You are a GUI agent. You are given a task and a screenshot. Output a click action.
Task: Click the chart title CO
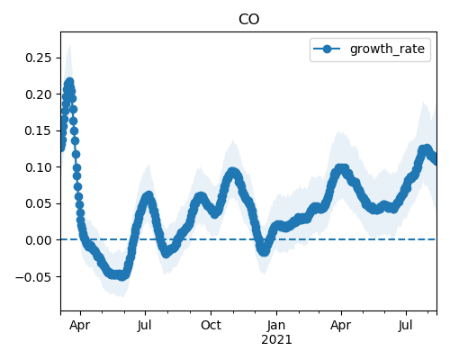click(248, 20)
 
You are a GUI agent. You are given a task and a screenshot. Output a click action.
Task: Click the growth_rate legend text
click(387, 49)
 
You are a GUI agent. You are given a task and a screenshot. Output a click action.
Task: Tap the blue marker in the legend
click(327, 49)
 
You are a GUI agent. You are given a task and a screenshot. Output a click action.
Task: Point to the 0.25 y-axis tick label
click(39, 58)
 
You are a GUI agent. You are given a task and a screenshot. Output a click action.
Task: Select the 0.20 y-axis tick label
click(39, 94)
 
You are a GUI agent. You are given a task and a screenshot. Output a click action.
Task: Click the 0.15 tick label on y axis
click(39, 130)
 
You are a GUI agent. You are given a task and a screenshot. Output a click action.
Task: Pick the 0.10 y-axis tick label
click(39, 167)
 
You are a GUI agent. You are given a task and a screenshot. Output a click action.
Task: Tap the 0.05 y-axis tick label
click(39, 203)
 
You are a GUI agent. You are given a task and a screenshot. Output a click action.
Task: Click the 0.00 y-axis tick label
click(39, 240)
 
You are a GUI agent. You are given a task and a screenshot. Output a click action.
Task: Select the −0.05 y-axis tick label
click(33, 276)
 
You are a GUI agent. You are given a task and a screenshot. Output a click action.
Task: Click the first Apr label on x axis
click(79, 325)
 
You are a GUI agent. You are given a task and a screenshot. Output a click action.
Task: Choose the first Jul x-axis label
click(145, 325)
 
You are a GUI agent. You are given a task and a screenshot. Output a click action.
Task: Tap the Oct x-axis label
click(211, 325)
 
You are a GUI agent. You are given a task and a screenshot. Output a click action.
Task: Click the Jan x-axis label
click(276, 325)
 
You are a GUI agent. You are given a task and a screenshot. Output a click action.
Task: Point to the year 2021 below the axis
click(276, 340)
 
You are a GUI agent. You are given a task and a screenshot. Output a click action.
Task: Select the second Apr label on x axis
click(341, 325)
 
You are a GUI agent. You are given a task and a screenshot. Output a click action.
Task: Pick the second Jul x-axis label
click(406, 325)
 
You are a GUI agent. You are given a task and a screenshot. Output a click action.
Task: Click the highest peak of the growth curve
click(70, 82)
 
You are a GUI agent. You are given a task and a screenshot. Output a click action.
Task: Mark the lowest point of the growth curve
click(121, 276)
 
